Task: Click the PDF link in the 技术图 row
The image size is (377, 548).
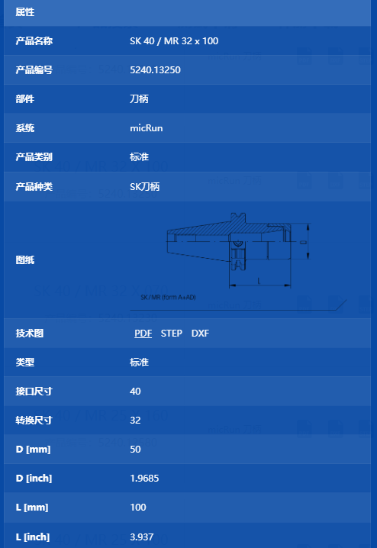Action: point(143,333)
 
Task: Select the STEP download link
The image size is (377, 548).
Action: point(171,333)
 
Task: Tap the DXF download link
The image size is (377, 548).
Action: point(200,333)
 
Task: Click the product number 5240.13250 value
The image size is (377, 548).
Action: point(155,70)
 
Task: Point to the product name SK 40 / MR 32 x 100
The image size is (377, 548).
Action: point(174,41)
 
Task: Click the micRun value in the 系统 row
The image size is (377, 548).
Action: point(147,128)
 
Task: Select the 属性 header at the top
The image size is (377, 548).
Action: point(25,12)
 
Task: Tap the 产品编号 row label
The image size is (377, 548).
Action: point(34,70)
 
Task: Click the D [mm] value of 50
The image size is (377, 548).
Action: point(135,449)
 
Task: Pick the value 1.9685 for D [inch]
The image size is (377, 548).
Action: point(144,478)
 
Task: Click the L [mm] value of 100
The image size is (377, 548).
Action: point(138,507)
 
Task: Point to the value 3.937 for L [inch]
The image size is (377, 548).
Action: point(141,537)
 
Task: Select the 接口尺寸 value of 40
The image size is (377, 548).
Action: point(135,391)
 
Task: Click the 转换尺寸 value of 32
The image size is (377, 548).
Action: point(135,420)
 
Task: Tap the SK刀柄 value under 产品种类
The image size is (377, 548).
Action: point(145,187)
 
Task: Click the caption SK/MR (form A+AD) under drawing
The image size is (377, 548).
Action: point(168,297)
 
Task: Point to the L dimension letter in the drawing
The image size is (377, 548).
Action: point(259,281)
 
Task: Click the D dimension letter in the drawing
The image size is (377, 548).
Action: point(303,242)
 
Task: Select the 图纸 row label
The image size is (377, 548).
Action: point(25,260)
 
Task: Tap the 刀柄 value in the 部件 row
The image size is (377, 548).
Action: point(139,99)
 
